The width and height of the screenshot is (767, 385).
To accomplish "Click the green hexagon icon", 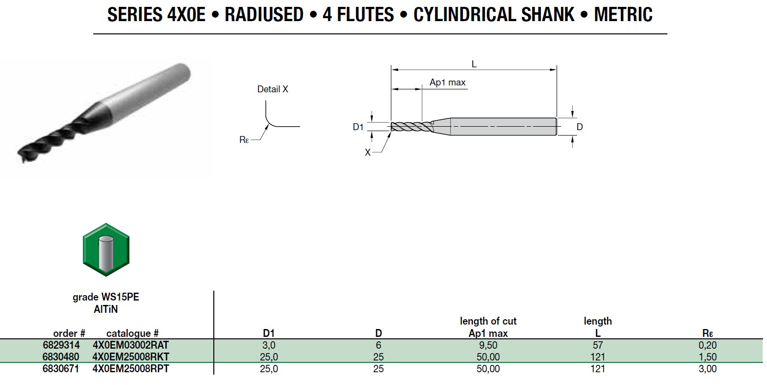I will point(105,249).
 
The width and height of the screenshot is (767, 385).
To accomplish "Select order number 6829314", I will point(62,345).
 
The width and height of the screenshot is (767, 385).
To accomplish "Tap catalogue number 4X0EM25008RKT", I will point(131,357).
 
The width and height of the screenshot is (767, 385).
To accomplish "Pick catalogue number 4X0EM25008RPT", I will point(131,369).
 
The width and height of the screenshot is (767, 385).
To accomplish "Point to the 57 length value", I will point(597,345).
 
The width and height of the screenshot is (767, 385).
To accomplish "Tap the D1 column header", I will point(269,334).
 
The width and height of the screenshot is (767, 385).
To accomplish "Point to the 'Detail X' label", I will point(273,89).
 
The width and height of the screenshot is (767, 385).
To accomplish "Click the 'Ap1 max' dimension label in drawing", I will point(447,82).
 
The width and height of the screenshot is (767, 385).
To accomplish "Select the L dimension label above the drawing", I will point(474,64).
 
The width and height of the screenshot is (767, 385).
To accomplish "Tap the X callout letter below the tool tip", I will point(367,153).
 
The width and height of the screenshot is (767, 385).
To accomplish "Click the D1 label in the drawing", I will point(358,127).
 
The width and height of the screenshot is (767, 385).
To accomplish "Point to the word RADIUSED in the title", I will point(264,15).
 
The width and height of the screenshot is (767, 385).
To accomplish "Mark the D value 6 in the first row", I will point(378,345).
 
